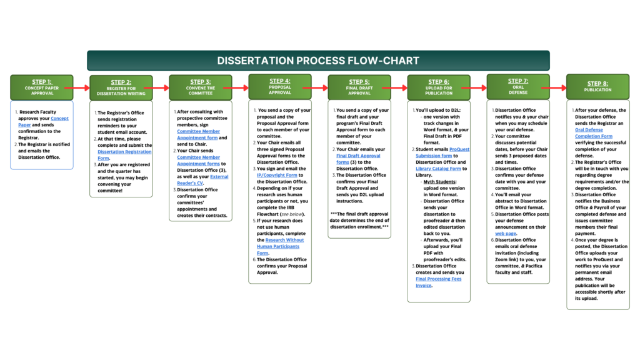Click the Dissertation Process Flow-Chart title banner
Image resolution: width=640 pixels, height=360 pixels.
pos(318,61)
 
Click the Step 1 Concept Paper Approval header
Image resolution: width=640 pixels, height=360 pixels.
pos(42,87)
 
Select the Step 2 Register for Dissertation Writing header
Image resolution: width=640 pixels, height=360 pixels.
pos(121,87)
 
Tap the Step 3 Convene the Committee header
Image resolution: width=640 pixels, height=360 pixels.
pos(200,87)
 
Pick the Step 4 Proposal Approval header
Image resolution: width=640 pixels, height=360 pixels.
pos(279,86)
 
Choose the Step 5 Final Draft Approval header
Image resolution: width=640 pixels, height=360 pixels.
pos(359,87)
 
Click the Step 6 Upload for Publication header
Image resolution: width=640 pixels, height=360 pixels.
pos(438,87)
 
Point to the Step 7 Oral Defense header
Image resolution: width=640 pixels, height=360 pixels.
pos(517,86)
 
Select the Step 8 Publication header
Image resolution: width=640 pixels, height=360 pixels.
pos(597,87)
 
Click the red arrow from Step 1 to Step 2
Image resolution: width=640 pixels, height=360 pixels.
pos(81,88)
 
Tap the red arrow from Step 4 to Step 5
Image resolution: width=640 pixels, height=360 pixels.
pos(319,88)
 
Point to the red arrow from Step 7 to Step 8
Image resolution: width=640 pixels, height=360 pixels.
pos(558,88)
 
